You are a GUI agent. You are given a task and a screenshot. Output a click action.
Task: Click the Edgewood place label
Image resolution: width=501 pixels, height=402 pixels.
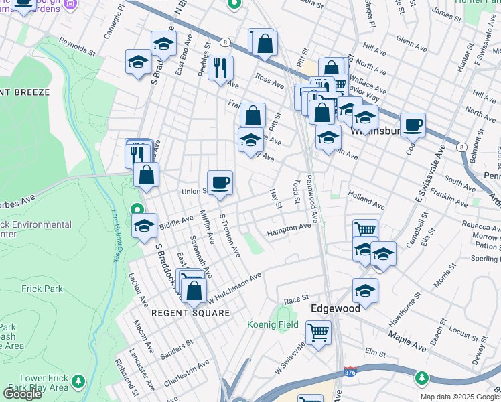tap(336, 308)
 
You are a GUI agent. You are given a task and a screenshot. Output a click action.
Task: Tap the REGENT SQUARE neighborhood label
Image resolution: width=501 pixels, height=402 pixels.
tap(190, 313)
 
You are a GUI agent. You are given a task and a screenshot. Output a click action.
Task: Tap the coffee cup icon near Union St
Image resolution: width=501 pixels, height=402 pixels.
tap(220, 183)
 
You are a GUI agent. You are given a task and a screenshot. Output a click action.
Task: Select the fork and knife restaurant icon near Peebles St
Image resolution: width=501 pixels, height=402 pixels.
tap(220, 68)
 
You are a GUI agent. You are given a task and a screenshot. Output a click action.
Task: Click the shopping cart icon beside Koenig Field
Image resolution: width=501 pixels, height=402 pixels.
tap(318, 332)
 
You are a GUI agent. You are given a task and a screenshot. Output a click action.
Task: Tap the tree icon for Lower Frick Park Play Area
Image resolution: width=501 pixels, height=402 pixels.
tap(78, 381)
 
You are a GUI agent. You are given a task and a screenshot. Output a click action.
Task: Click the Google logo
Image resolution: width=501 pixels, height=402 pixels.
tap(22, 394)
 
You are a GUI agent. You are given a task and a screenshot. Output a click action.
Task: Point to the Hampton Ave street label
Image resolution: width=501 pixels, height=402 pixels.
tap(289, 229)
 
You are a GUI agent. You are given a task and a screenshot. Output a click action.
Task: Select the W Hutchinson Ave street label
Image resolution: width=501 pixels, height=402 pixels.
tap(234, 287)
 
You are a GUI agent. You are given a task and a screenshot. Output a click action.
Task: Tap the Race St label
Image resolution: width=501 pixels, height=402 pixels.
tap(295, 299)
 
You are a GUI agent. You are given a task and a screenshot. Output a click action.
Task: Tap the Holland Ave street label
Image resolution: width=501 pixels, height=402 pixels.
tap(366, 199)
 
